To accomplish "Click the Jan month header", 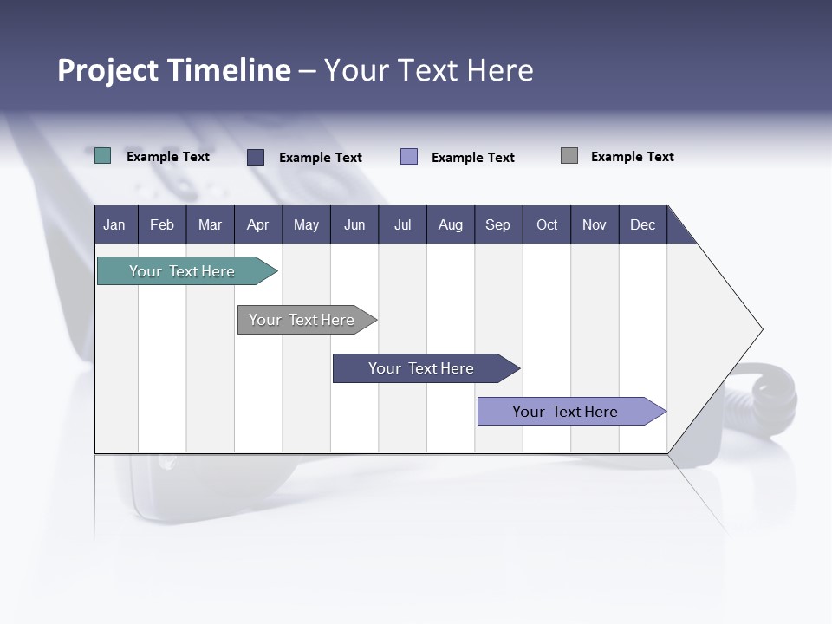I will [115, 224].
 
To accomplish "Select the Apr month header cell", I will [258, 224].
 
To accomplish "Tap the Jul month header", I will [402, 224].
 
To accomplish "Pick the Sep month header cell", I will [498, 224].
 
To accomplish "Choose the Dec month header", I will [642, 224].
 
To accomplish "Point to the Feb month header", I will [162, 224].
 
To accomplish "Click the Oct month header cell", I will [547, 224].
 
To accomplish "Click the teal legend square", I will [103, 156].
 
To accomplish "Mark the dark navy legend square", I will [256, 157].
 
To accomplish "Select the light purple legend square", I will [409, 157].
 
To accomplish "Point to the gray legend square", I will [569, 156].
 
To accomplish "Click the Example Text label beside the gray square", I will [632, 157].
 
